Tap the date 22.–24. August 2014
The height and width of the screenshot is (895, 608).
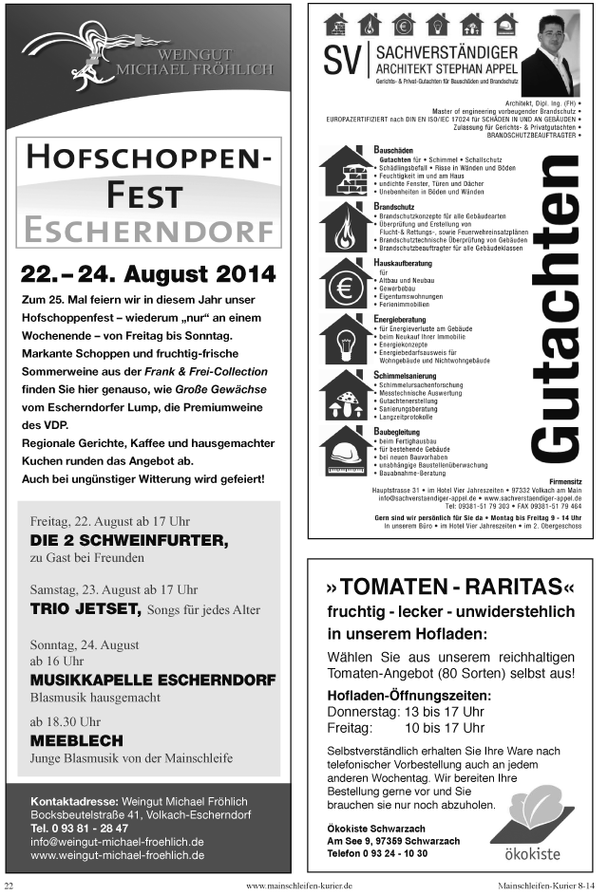(x=148, y=275)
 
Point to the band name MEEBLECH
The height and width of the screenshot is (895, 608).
(x=77, y=739)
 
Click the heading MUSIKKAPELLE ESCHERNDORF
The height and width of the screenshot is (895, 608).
(x=153, y=680)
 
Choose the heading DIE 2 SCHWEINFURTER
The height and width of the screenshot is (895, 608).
(x=129, y=540)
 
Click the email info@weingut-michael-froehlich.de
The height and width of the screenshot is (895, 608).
(x=117, y=841)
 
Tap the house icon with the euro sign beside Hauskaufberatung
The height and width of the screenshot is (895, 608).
(x=345, y=283)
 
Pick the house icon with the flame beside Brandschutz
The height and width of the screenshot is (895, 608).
(x=345, y=226)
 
